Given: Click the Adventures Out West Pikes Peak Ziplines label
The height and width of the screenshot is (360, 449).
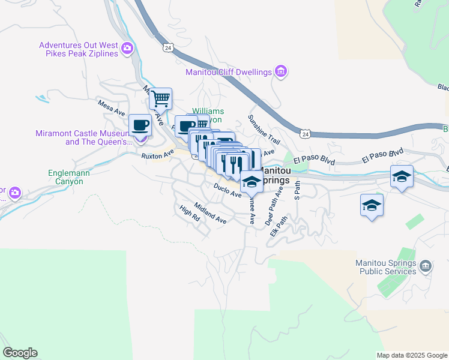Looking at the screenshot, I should (x=78, y=50).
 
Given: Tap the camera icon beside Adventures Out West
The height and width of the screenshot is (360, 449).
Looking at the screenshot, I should (x=127, y=48).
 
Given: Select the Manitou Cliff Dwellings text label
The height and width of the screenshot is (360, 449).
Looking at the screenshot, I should (x=229, y=73).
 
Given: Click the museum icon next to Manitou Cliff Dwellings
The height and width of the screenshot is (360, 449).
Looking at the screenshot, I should (x=280, y=73).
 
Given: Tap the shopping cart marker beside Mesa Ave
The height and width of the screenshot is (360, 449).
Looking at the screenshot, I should (x=160, y=98).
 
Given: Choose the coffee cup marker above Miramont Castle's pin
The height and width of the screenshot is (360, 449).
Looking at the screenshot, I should (x=140, y=125).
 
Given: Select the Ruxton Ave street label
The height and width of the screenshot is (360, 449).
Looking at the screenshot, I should (x=157, y=155).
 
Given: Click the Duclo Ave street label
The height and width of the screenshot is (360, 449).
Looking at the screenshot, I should (x=227, y=190).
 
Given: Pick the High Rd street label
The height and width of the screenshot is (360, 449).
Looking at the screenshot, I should (x=189, y=214).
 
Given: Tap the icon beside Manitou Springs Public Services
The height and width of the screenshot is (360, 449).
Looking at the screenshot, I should (x=426, y=265).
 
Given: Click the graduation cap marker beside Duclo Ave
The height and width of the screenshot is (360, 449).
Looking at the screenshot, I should (x=252, y=182).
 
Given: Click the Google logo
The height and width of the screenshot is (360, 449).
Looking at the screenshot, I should (x=20, y=353).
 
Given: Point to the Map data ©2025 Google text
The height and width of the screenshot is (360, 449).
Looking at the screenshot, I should (x=412, y=355).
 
